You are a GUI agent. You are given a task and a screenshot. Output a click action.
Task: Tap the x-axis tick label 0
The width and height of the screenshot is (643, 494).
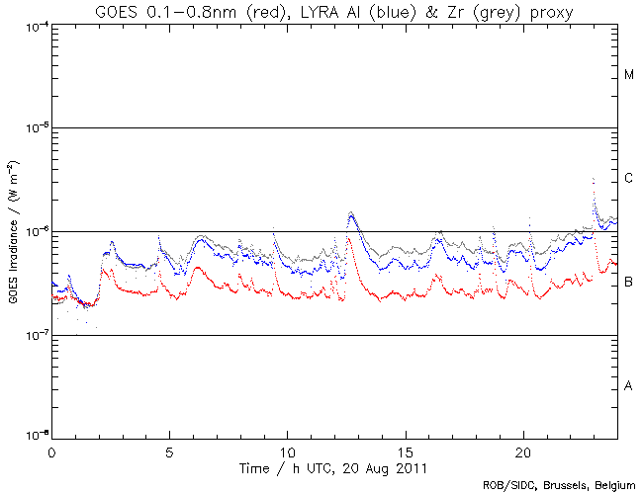51,450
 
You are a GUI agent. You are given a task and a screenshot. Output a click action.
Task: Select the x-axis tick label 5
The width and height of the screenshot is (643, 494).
169,450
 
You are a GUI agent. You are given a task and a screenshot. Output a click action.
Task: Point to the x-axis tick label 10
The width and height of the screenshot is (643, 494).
287,450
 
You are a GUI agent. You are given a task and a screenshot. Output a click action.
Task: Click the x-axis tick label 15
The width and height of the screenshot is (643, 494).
406,450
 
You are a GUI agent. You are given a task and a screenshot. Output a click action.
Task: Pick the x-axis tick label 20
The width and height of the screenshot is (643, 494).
523,450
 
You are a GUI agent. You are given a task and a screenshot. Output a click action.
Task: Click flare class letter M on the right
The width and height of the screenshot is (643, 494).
629,75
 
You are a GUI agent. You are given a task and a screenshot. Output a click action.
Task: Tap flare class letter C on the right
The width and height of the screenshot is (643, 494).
629,179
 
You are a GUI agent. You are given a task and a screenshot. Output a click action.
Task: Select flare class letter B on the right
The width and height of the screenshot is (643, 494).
629,283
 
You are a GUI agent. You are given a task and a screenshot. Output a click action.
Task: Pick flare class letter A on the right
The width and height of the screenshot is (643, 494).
629,386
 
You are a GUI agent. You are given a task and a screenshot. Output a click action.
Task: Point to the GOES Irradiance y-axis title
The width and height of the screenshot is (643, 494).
13,231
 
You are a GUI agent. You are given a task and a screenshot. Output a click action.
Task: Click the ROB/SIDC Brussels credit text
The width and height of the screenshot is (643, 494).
558,485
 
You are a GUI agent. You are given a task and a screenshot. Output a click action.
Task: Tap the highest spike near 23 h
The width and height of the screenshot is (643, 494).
592,179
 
